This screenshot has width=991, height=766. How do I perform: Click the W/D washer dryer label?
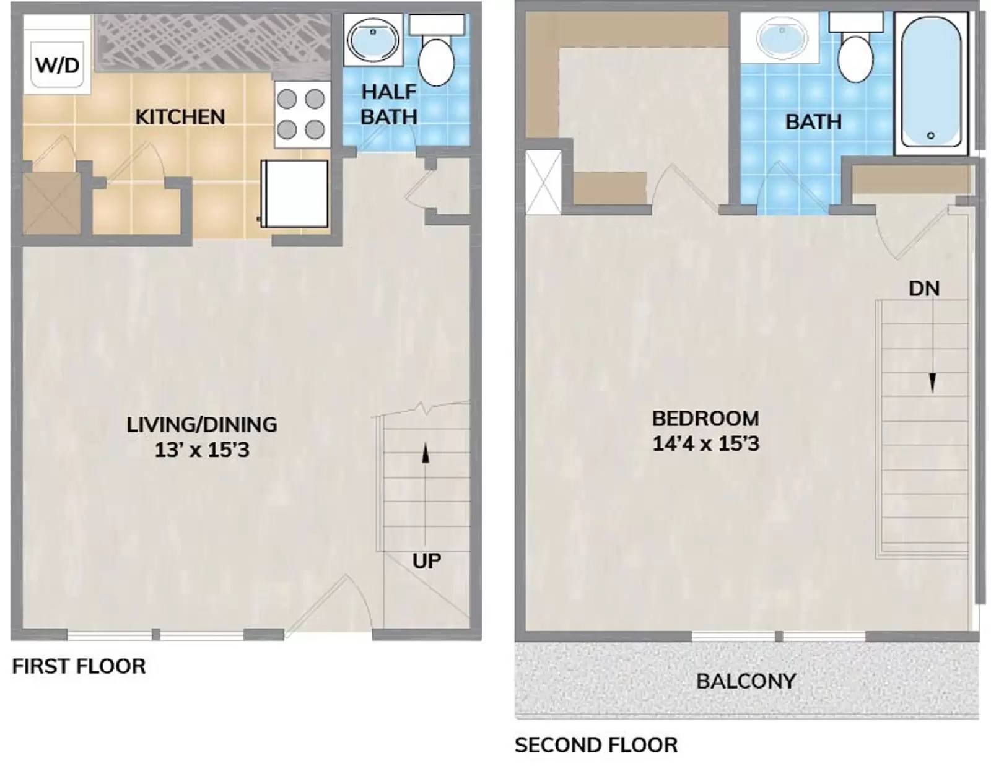coord(57,64)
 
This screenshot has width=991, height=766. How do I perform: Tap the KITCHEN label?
coord(180,116)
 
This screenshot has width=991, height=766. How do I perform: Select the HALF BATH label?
coord(389,104)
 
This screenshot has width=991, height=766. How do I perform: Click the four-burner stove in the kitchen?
coord(301,114)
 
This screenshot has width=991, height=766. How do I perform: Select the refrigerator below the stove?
coord(295,194)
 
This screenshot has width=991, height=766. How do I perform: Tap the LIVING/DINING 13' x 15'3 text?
coord(202,437)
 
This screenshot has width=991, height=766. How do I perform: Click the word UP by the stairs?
coord(426,561)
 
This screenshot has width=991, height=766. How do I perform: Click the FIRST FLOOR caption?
coord(79,666)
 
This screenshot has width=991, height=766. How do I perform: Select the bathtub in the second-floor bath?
coord(930,83)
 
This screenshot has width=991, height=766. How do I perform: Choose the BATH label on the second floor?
coord(813,121)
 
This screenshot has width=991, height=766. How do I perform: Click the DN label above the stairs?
coord(923,289)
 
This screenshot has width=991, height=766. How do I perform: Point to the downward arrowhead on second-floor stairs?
coord(932,383)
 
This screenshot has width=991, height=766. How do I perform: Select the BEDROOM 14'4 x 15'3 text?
coord(705,431)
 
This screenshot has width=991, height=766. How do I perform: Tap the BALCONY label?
coord(746,681)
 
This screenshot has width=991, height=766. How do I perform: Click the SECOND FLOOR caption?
coord(596,745)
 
